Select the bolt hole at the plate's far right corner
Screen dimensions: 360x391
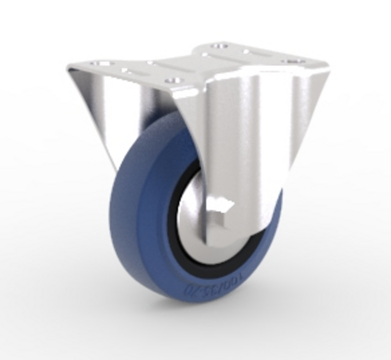295,62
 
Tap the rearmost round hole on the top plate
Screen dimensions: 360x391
220,45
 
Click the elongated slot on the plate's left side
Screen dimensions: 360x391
132,71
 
